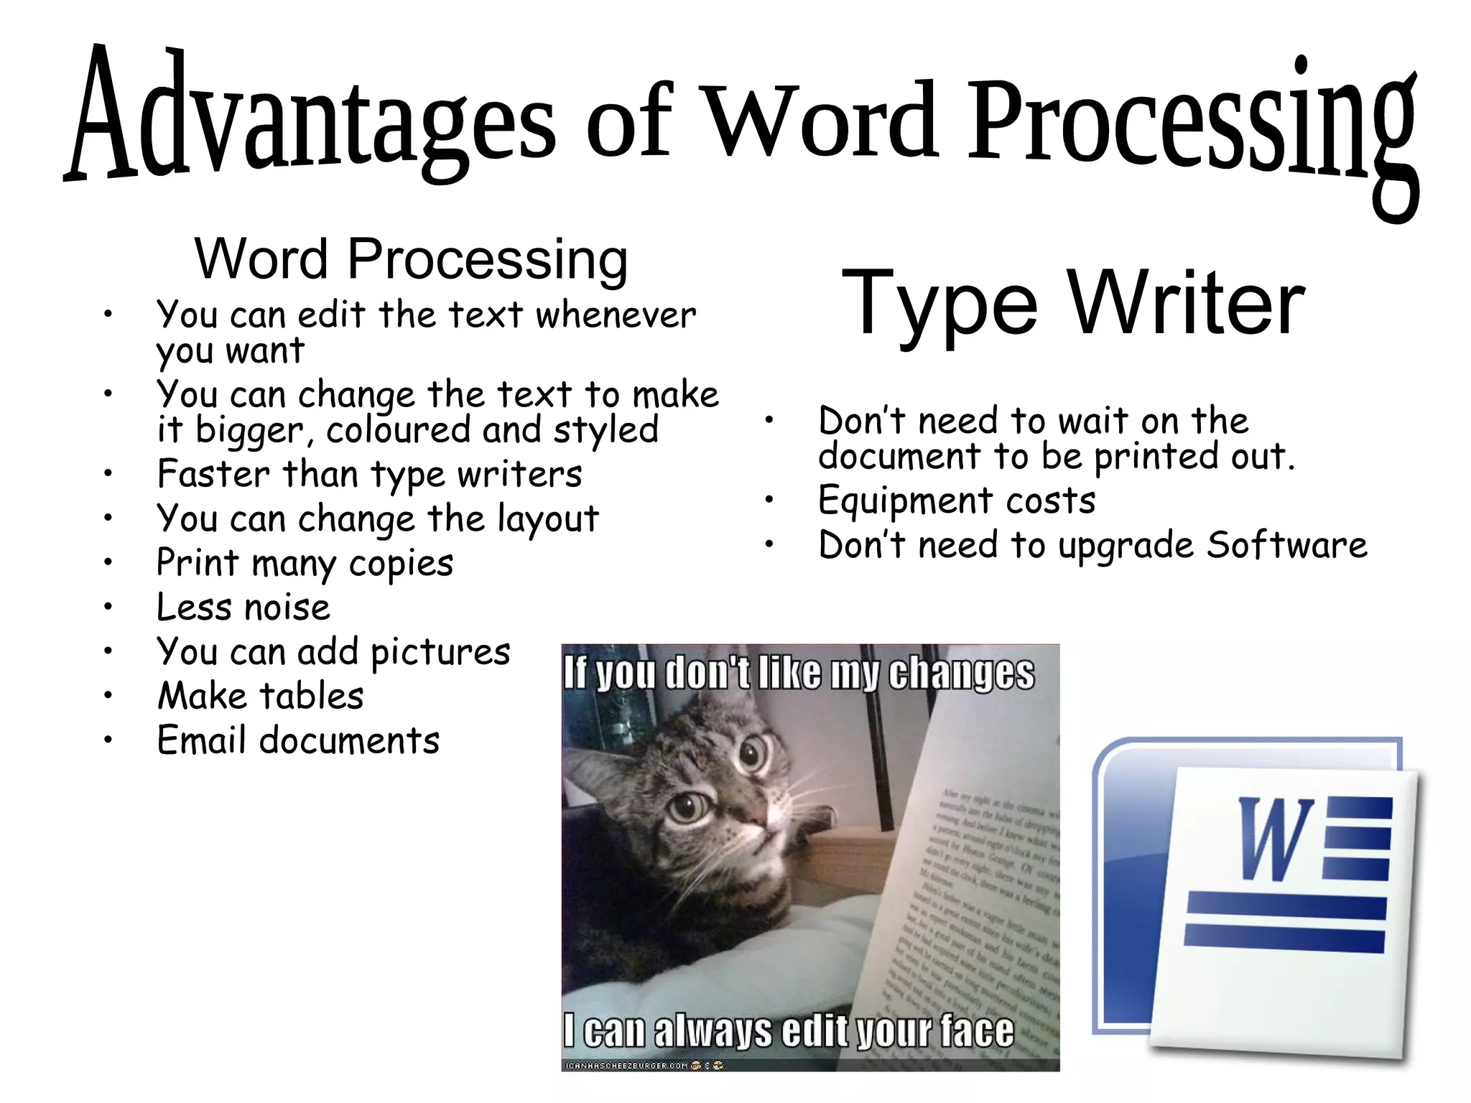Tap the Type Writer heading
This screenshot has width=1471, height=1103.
[x=1073, y=303]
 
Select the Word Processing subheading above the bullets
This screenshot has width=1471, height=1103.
[x=411, y=259]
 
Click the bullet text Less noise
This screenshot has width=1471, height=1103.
[x=243, y=608]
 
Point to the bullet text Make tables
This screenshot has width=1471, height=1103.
[x=261, y=696]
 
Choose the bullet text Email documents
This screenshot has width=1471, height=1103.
[x=298, y=740]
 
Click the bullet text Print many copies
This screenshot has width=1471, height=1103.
[x=305, y=563]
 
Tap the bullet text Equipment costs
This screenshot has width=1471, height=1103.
[x=957, y=501]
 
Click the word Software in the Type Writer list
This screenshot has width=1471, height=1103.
[x=1286, y=545]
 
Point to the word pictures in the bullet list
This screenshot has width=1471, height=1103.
[x=440, y=652]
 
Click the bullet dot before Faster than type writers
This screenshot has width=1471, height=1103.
[x=108, y=473]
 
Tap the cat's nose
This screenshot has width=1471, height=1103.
[x=755, y=816]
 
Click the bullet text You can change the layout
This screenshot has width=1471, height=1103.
[x=378, y=518]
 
